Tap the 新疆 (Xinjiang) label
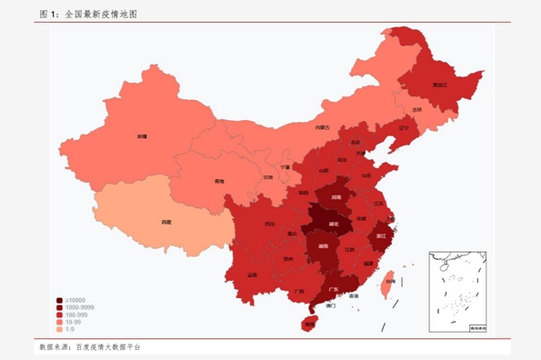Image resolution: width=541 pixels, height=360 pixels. (142, 135)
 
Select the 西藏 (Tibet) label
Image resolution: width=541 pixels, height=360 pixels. (165, 221)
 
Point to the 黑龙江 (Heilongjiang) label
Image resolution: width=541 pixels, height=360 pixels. (439, 85)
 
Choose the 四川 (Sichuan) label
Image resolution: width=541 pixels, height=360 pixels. (269, 224)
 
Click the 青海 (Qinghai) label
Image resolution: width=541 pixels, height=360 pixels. (219, 182)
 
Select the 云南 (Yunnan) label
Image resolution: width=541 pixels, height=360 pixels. (252, 274)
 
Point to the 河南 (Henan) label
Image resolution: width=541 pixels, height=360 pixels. (336, 195)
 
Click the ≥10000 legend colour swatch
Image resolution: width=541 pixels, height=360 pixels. (59, 300)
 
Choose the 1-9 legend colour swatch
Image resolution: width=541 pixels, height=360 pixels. (59, 329)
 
